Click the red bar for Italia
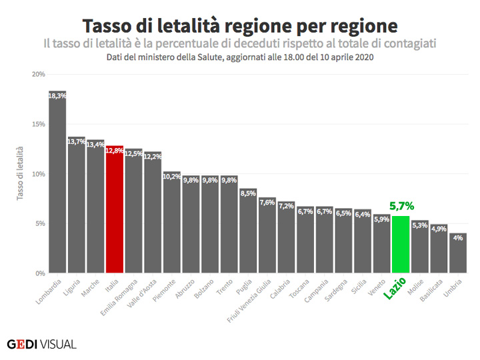pos(115,213)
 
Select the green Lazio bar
pos(401,247)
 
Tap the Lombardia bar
pos(57,187)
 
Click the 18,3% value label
pos(57,96)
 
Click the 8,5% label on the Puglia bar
pos(248,193)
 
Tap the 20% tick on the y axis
pos(38,74)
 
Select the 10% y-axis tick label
pos(38,174)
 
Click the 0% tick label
pos(39,273)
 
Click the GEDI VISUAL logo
pos(41,344)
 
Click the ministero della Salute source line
pos(240,57)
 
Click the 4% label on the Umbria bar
pos(458,238)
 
